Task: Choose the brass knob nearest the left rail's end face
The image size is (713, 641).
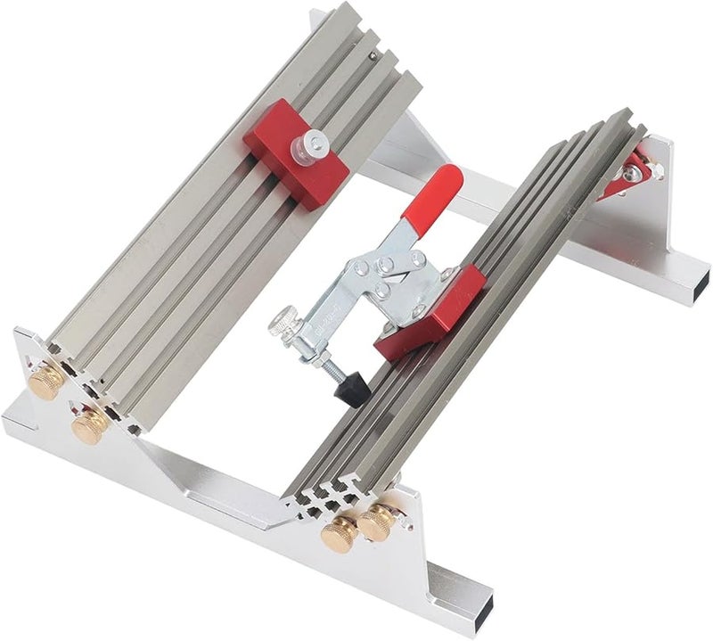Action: point(89,424)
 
